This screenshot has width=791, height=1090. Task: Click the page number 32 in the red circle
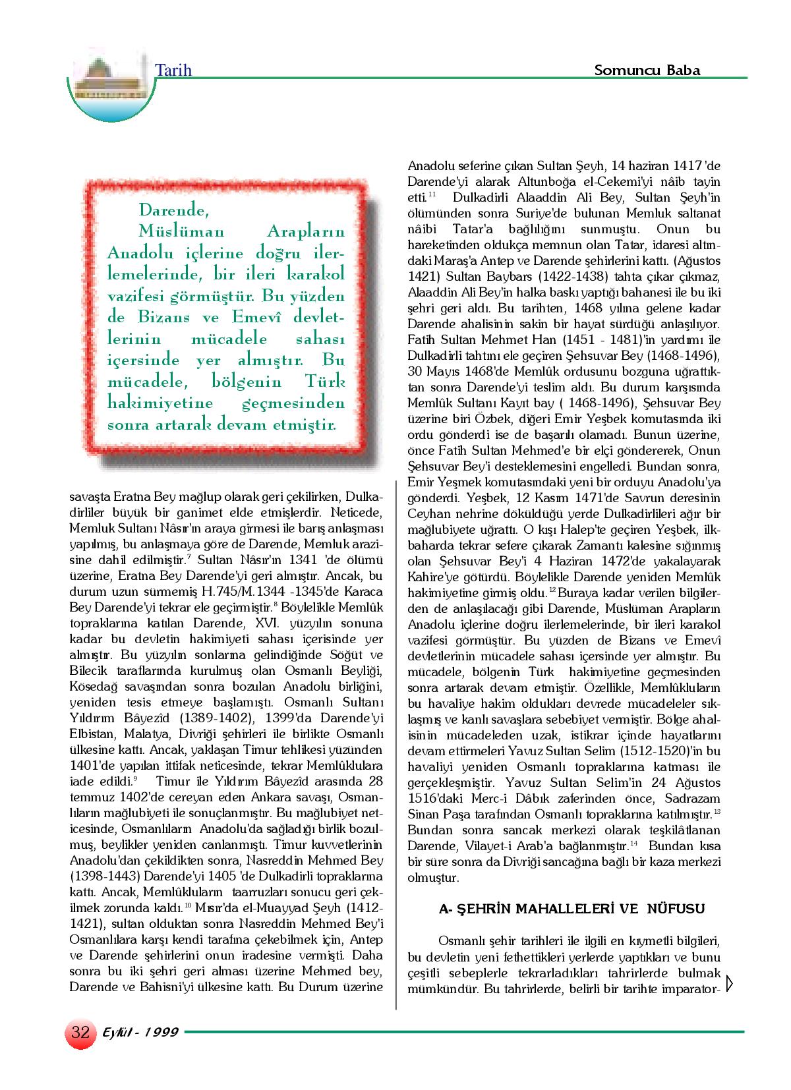tap(80, 1032)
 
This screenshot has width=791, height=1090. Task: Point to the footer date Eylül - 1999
tap(140, 1033)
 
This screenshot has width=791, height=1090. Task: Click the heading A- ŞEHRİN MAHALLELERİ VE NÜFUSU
tap(572, 909)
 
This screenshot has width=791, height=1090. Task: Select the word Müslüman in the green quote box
tap(181, 232)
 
